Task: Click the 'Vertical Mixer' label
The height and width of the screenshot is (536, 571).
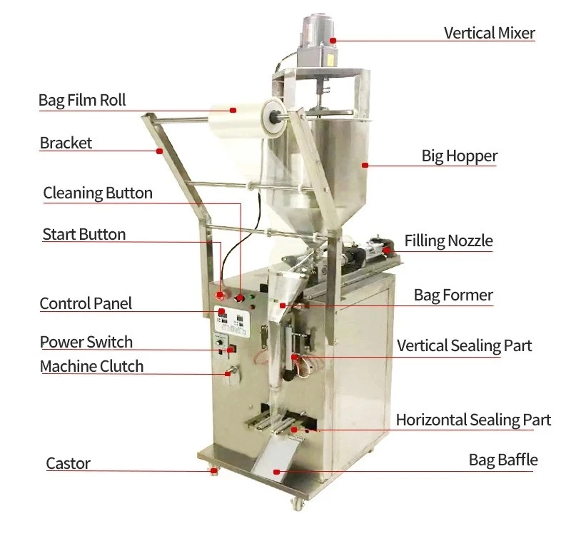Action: (x=489, y=33)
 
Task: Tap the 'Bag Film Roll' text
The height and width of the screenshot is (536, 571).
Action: (x=82, y=99)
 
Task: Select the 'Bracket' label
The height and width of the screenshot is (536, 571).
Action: (x=66, y=143)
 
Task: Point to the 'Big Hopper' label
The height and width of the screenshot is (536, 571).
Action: (x=459, y=156)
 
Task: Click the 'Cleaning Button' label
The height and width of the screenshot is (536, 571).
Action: (x=98, y=193)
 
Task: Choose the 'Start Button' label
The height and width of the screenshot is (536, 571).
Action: (x=84, y=234)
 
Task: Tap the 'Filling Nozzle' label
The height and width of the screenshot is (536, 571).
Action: (x=448, y=241)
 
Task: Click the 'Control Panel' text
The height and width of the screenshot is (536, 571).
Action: (x=86, y=303)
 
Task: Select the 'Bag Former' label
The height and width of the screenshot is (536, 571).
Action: (x=453, y=295)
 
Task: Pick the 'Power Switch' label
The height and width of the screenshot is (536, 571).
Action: (x=86, y=342)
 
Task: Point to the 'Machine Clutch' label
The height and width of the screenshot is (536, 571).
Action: (x=91, y=366)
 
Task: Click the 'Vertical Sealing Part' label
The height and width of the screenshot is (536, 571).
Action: (x=464, y=345)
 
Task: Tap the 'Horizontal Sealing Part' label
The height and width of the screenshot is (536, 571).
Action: (x=473, y=419)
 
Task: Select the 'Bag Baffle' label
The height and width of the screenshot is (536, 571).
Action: (x=502, y=459)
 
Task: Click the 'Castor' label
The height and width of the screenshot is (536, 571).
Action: (x=68, y=463)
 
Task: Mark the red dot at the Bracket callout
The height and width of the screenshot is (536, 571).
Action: (x=159, y=151)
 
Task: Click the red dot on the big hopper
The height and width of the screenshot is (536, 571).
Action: (x=364, y=165)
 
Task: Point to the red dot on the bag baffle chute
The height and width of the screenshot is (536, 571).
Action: (x=277, y=472)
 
